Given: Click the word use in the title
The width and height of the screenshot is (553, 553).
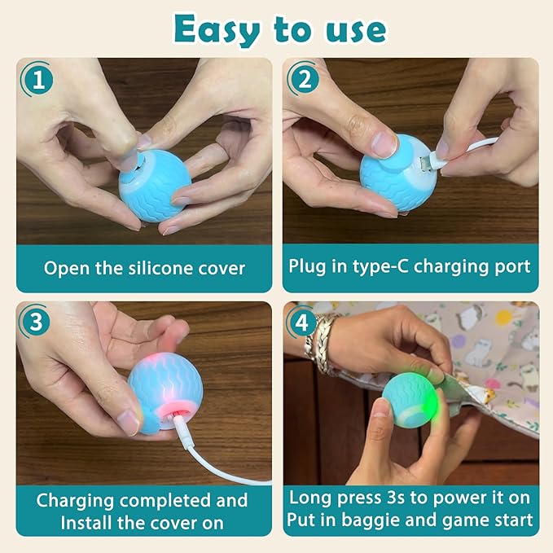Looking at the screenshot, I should (350, 30).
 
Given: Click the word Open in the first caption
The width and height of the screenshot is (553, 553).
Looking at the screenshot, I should (64, 267).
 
